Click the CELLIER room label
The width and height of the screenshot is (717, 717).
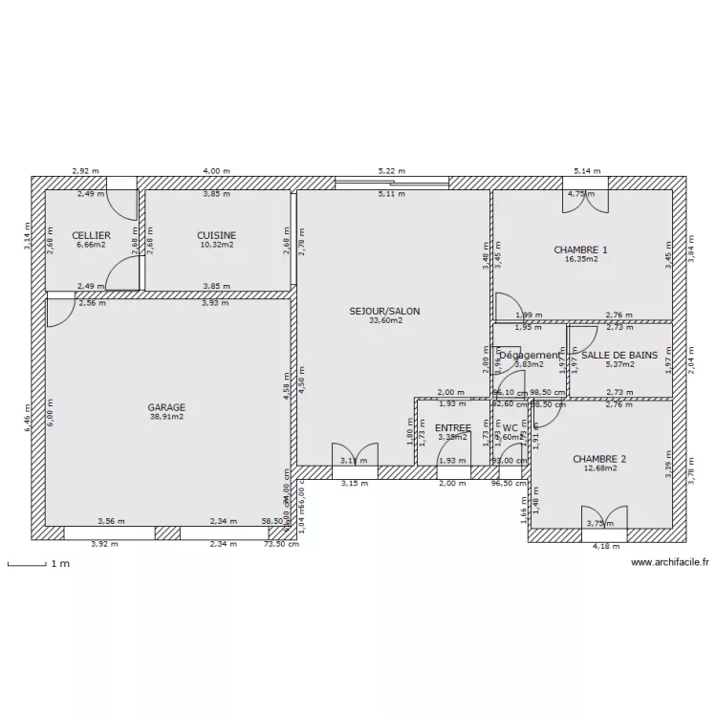click(91, 235)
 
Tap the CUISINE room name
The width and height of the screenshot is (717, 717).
click(216, 235)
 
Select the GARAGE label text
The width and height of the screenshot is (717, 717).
click(166, 406)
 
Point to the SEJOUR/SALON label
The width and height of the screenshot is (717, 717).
click(384, 311)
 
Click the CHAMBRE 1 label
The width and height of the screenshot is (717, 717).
click(580, 250)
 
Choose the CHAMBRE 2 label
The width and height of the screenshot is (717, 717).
click(599, 459)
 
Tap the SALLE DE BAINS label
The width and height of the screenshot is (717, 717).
click(619, 355)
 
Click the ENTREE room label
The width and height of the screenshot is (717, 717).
click(452, 428)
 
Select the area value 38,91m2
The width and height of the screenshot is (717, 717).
click(166, 417)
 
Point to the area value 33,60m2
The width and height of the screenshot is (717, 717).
click(384, 321)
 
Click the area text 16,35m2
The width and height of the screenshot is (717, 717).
click(580, 259)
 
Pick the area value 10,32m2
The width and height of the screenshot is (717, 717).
click(216, 245)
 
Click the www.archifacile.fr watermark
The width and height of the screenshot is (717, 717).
click(670, 563)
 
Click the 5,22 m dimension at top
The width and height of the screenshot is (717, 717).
click(388, 171)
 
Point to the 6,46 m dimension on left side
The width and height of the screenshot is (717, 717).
click(29, 416)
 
